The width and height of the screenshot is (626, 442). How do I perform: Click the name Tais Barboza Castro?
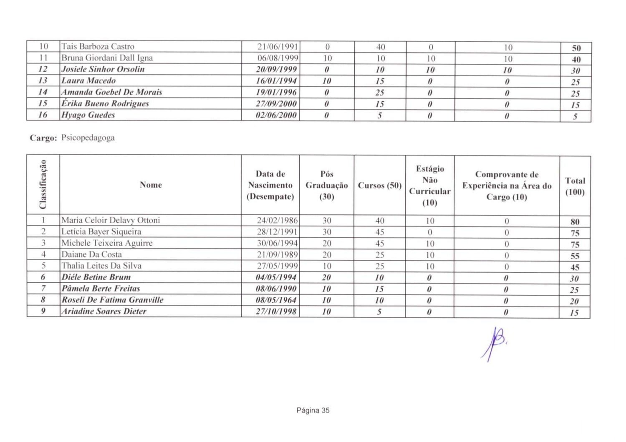pos(98,47)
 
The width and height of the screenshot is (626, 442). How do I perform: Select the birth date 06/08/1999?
pos(277,58)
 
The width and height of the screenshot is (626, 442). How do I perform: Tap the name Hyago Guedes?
pos(88,115)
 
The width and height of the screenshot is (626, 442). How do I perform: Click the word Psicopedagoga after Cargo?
pos(88,138)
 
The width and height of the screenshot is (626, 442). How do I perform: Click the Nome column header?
pos(151,185)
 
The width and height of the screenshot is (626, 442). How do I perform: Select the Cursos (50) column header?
pos(379,186)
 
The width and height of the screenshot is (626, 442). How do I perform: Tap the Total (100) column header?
pos(575,186)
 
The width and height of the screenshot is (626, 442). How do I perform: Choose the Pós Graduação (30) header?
pos(326,185)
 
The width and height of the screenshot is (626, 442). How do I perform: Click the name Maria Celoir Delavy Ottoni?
pos(111,220)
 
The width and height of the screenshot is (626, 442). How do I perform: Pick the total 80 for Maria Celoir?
pos(575,222)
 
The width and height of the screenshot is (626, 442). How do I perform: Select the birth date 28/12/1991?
pos(277,232)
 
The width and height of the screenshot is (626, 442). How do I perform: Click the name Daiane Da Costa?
pos(91,254)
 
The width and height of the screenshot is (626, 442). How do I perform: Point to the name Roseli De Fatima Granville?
pos(112,300)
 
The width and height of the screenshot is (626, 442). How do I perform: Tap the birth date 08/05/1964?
pos(276,300)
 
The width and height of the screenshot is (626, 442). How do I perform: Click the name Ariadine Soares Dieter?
pos(104,311)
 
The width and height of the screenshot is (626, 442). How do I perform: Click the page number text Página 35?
pos(313,410)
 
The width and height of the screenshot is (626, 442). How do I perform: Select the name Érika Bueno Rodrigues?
pos(105,104)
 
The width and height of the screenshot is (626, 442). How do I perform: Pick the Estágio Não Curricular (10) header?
pos(429,186)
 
